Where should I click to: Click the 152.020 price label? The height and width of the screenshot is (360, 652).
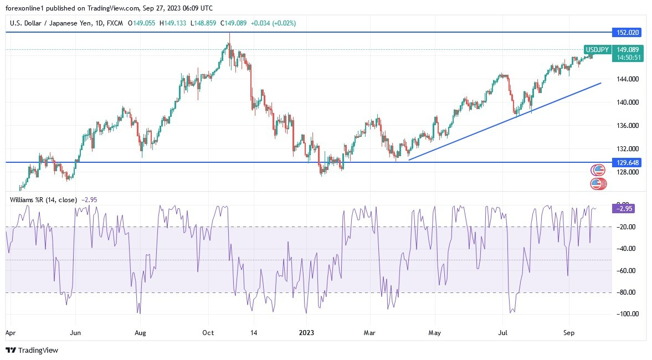click(626, 33)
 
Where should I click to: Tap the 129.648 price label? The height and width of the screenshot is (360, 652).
click(626, 162)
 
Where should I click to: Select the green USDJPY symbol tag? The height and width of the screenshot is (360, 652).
click(598, 50)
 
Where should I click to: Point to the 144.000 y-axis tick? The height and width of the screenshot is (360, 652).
click(627, 79)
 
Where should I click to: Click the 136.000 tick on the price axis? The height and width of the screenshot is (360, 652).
click(627, 126)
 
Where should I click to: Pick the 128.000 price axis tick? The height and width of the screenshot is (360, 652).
click(627, 172)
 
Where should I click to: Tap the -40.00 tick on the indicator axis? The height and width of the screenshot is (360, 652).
click(625, 249)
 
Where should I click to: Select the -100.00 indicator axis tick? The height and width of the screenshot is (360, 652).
click(625, 314)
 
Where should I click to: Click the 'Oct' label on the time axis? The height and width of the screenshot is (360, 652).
click(208, 333)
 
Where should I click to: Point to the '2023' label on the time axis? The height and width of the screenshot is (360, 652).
click(306, 333)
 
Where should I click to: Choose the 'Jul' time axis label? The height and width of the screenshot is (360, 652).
click(503, 333)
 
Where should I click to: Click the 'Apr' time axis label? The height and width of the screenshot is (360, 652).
click(10, 333)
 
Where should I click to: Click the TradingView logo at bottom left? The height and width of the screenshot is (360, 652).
click(32, 350)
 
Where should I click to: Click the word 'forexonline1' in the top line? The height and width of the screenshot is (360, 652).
click(27, 8)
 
